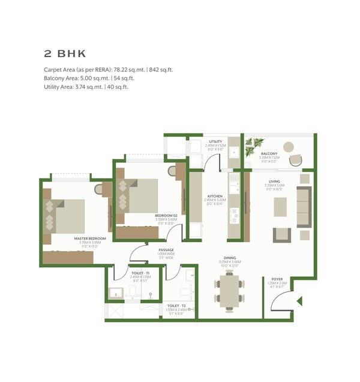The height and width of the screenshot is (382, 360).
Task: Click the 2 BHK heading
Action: (x=65, y=53)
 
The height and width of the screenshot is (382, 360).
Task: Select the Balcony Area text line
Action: (x=91, y=78)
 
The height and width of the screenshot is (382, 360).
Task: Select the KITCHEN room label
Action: (x=215, y=196)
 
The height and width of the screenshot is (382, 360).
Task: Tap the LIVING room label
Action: (x=274, y=181)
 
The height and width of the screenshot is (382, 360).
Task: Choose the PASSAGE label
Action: (x=166, y=249)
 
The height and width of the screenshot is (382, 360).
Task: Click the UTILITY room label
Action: (x=215, y=142)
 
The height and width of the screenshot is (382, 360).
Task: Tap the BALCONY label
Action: (x=268, y=154)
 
